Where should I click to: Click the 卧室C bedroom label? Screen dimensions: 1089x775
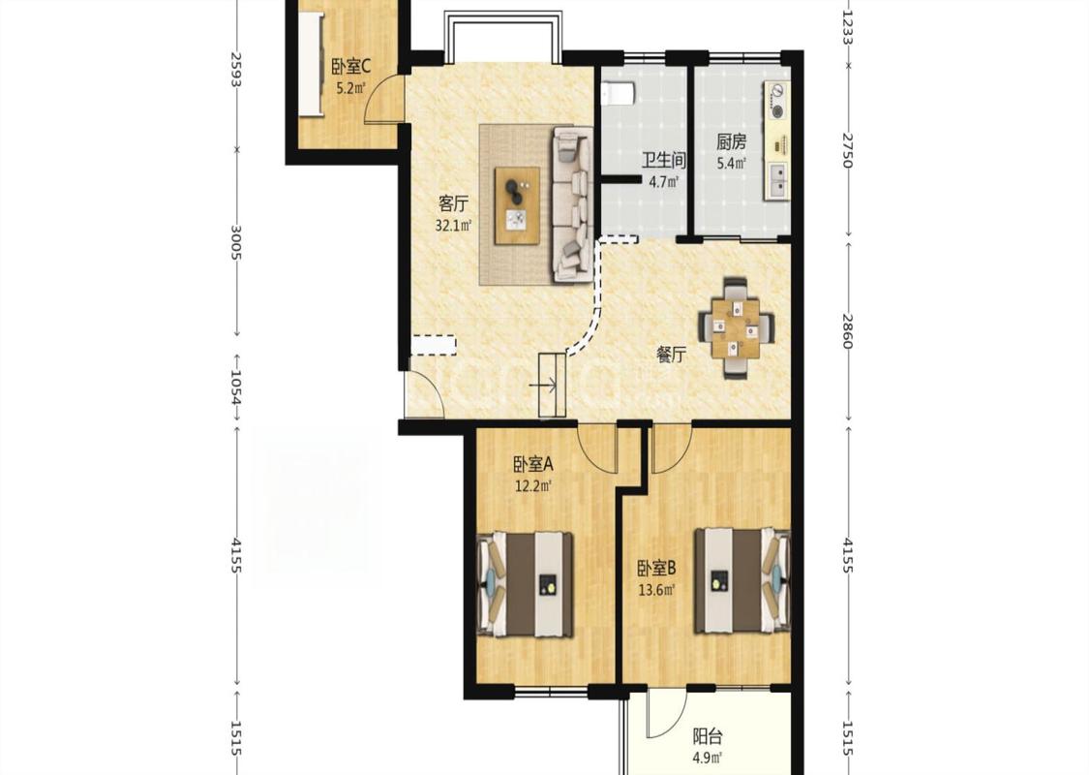tap(350, 67)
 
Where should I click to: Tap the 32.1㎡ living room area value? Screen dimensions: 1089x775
tap(454, 225)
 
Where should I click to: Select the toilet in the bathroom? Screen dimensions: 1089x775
tap(618, 92)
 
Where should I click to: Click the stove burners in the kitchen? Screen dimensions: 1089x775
tap(777, 100)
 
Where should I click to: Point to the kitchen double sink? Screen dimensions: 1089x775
tap(778, 178)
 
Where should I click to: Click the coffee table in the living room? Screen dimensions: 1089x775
tap(517, 205)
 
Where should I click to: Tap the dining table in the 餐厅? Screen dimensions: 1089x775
tap(737, 326)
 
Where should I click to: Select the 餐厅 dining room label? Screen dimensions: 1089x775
tap(672, 355)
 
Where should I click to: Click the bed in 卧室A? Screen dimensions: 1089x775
tap(525, 584)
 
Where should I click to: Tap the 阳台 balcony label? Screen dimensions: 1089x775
tap(708, 735)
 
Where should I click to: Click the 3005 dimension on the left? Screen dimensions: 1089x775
tap(236, 241)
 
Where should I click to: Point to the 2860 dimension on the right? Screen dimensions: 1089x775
tap(847, 330)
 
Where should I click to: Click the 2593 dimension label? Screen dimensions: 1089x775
tap(236, 70)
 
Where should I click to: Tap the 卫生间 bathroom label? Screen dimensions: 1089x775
tap(663, 161)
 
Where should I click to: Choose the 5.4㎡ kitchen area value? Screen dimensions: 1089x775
tap(732, 164)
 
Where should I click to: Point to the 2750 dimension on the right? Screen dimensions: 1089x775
tap(847, 150)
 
